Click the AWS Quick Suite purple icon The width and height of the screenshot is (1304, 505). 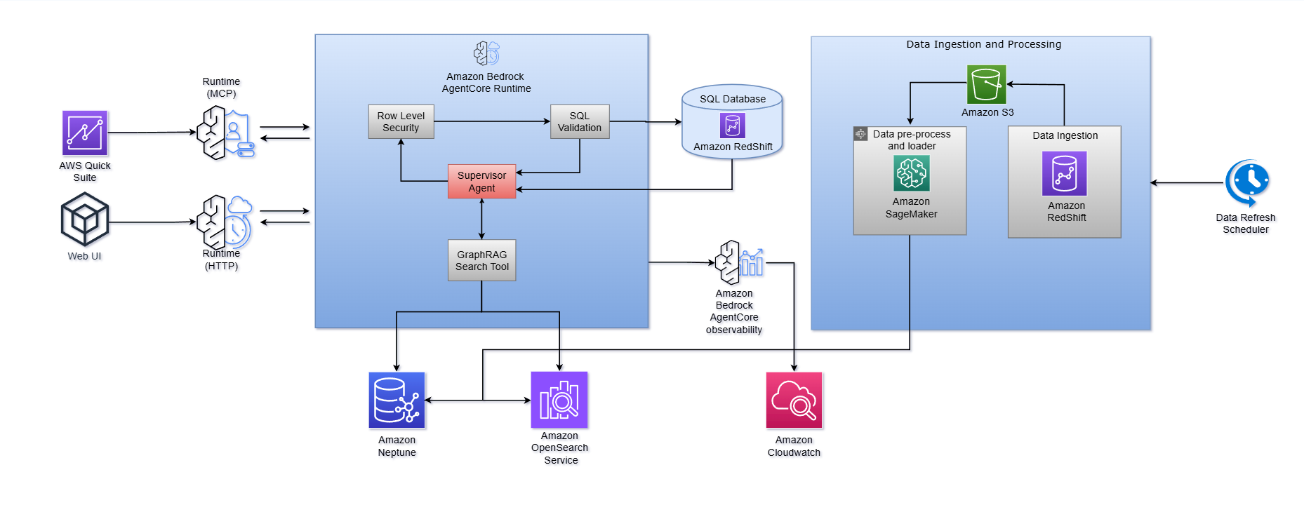(x=85, y=133)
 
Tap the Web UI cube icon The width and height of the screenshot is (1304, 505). (x=85, y=220)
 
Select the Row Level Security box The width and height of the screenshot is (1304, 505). (x=401, y=121)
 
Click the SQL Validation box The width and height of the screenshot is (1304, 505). (x=580, y=121)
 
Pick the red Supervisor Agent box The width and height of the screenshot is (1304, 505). (x=481, y=182)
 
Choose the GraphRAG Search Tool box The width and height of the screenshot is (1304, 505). (x=481, y=260)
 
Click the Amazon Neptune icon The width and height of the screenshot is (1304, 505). (x=397, y=400)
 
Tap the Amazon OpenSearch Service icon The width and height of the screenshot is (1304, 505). (x=559, y=400)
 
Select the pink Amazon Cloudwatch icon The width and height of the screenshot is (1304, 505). (x=794, y=400)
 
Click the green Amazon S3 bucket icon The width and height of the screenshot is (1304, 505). (x=986, y=84)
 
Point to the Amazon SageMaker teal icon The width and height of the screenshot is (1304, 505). (x=911, y=173)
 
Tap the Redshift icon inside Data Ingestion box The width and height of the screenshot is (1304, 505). (x=1064, y=173)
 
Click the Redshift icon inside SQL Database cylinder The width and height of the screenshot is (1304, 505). (x=732, y=126)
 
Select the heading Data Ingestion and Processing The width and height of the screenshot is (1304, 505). (x=983, y=44)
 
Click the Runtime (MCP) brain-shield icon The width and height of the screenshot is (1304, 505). (x=225, y=133)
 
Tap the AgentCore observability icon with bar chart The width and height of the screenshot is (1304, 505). (x=738, y=262)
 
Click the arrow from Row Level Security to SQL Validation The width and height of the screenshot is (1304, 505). (x=491, y=121)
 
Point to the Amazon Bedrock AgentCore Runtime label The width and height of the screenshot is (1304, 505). (x=486, y=83)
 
